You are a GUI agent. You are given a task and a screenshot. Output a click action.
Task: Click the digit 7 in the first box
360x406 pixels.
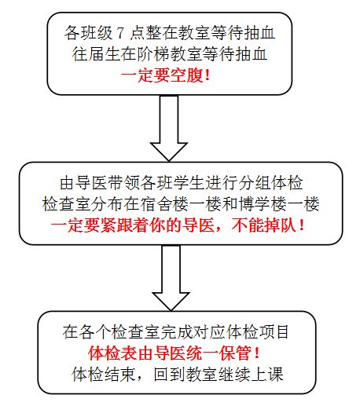[120, 33]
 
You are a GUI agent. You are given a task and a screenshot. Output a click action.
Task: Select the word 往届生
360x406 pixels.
[96, 54]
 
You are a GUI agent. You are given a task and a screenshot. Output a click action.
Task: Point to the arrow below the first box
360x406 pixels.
[169, 128]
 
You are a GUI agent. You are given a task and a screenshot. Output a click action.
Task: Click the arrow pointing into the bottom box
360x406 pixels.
[171, 278]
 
